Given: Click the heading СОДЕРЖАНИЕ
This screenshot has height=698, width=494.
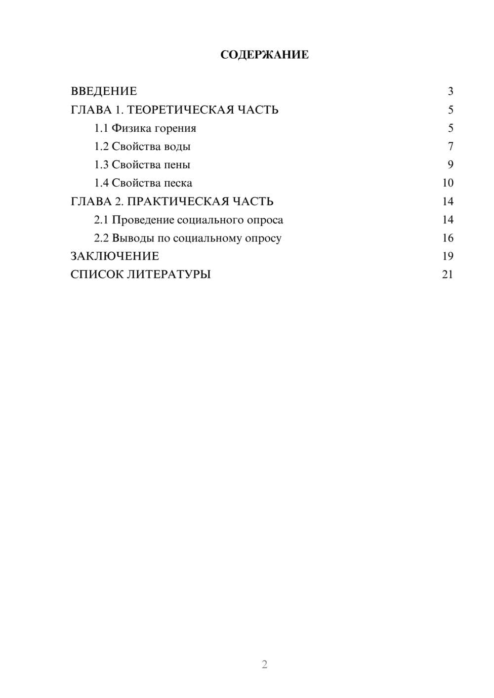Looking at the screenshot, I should [264, 55].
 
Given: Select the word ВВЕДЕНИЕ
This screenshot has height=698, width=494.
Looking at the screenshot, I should [104, 91].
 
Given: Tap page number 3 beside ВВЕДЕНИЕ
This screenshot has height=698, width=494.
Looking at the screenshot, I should [450, 91].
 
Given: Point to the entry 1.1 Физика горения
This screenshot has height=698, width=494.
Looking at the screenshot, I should [145, 128].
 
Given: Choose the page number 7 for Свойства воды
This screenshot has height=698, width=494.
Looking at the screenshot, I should [450, 147].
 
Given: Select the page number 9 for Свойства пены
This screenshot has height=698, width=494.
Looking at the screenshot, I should [450, 165].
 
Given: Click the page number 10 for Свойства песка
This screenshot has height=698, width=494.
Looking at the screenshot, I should [448, 183].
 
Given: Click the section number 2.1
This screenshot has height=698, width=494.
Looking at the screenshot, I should [101, 220].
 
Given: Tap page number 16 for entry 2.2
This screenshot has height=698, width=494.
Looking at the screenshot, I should [448, 238].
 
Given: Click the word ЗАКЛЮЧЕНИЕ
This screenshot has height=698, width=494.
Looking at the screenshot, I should [115, 256].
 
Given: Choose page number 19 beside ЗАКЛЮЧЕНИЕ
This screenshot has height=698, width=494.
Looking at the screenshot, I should [448, 256].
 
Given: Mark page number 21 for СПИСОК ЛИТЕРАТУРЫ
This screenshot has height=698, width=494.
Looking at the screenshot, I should [448, 274].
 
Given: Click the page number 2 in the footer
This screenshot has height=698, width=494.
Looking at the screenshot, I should [264, 664].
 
